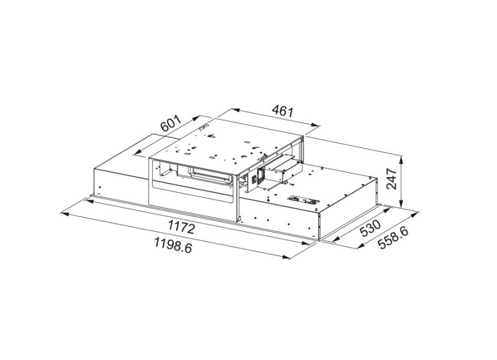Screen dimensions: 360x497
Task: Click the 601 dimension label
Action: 170,123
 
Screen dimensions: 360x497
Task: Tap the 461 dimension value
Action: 282,112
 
